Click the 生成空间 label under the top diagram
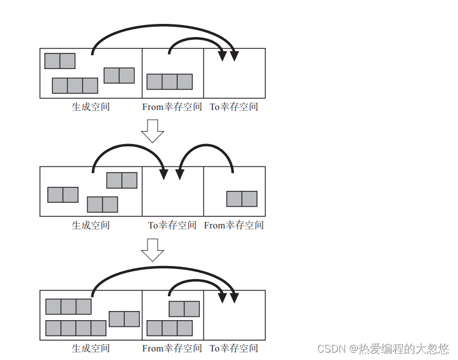point(91,107)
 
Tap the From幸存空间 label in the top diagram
point(172,107)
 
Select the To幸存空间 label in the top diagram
point(234,107)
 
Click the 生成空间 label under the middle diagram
point(91,225)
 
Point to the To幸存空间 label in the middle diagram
point(173,225)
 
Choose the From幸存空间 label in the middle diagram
point(234,225)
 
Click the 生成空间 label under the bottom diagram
point(91,348)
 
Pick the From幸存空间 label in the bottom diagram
point(172,348)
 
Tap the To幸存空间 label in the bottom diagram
point(234,348)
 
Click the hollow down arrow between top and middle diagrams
point(152,131)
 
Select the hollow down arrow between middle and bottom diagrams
point(152,249)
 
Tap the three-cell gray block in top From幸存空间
point(170,81)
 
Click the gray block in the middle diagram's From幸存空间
point(242,199)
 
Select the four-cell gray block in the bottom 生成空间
point(76,328)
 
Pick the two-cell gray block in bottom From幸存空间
point(184,309)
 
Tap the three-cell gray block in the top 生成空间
point(75,85)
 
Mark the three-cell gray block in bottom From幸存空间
point(170,328)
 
